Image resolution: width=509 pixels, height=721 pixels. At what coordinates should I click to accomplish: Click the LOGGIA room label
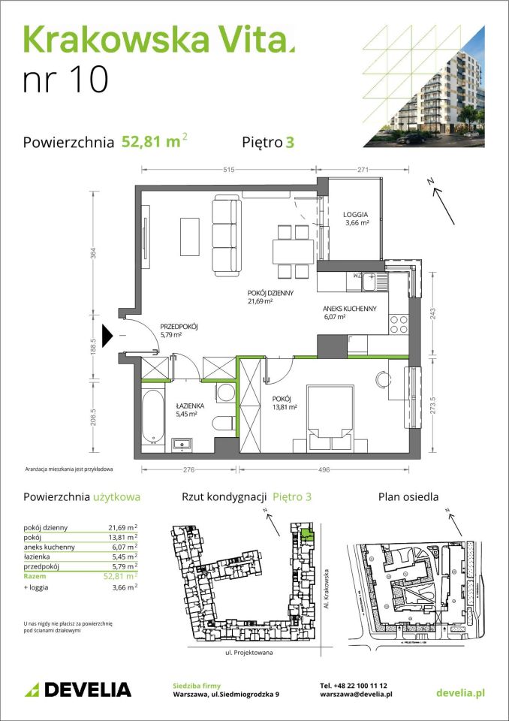[x=355, y=213]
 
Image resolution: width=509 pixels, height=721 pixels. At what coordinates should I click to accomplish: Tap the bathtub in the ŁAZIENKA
[x=152, y=416]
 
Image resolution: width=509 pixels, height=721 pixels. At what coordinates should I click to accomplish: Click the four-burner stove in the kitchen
[x=398, y=324]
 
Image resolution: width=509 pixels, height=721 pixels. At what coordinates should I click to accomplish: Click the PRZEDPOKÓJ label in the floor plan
[x=179, y=326]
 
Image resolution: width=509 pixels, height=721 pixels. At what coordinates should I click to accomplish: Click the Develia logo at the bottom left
[x=78, y=689]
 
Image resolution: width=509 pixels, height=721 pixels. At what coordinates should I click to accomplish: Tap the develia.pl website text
[x=459, y=690]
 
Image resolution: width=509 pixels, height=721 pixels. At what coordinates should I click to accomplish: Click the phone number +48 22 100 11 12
[x=354, y=686]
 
